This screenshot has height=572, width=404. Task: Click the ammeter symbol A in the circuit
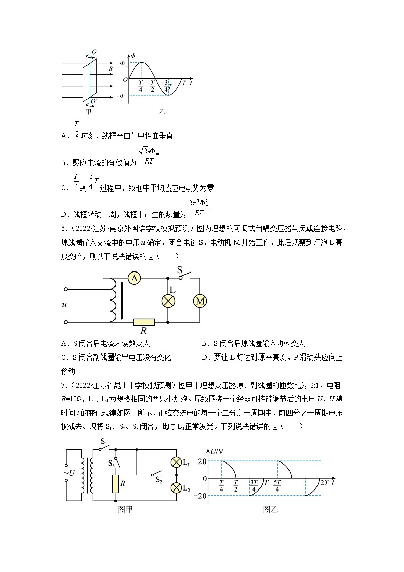[134, 278]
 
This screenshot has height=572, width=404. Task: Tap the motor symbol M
[200, 301]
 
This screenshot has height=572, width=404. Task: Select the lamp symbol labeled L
[168, 301]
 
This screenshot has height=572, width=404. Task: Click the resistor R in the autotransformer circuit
[143, 322]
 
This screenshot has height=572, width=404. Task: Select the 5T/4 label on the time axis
[277, 486]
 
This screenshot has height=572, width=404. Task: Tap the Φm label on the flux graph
[124, 63]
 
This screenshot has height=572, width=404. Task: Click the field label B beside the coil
[111, 68]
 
